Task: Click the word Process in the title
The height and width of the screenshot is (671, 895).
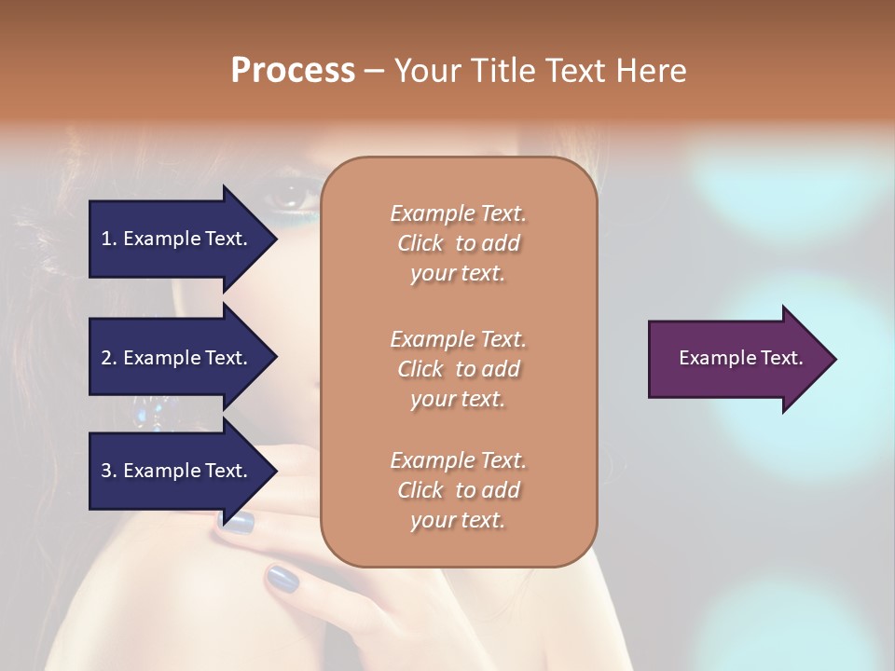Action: point(293,70)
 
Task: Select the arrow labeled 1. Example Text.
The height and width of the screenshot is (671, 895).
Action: point(177,239)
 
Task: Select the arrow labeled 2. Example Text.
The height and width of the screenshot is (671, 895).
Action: point(177,358)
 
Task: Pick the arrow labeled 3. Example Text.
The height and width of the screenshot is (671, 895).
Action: point(177,471)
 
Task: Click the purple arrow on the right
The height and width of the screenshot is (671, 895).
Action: point(737,359)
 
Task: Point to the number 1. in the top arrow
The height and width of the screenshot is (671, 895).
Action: point(109,239)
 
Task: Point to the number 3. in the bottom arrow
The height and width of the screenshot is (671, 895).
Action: point(109,471)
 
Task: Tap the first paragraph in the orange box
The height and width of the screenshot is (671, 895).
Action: point(458,243)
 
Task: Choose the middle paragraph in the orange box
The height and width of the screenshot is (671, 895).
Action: point(458,368)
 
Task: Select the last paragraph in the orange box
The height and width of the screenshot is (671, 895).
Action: point(458,490)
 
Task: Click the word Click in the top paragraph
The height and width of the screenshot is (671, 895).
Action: point(420,243)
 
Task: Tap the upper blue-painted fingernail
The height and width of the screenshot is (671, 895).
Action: point(238,522)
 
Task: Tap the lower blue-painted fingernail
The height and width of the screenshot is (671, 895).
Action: point(282,579)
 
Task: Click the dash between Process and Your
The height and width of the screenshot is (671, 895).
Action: point(374,71)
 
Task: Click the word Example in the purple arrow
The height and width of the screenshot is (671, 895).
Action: point(711,358)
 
